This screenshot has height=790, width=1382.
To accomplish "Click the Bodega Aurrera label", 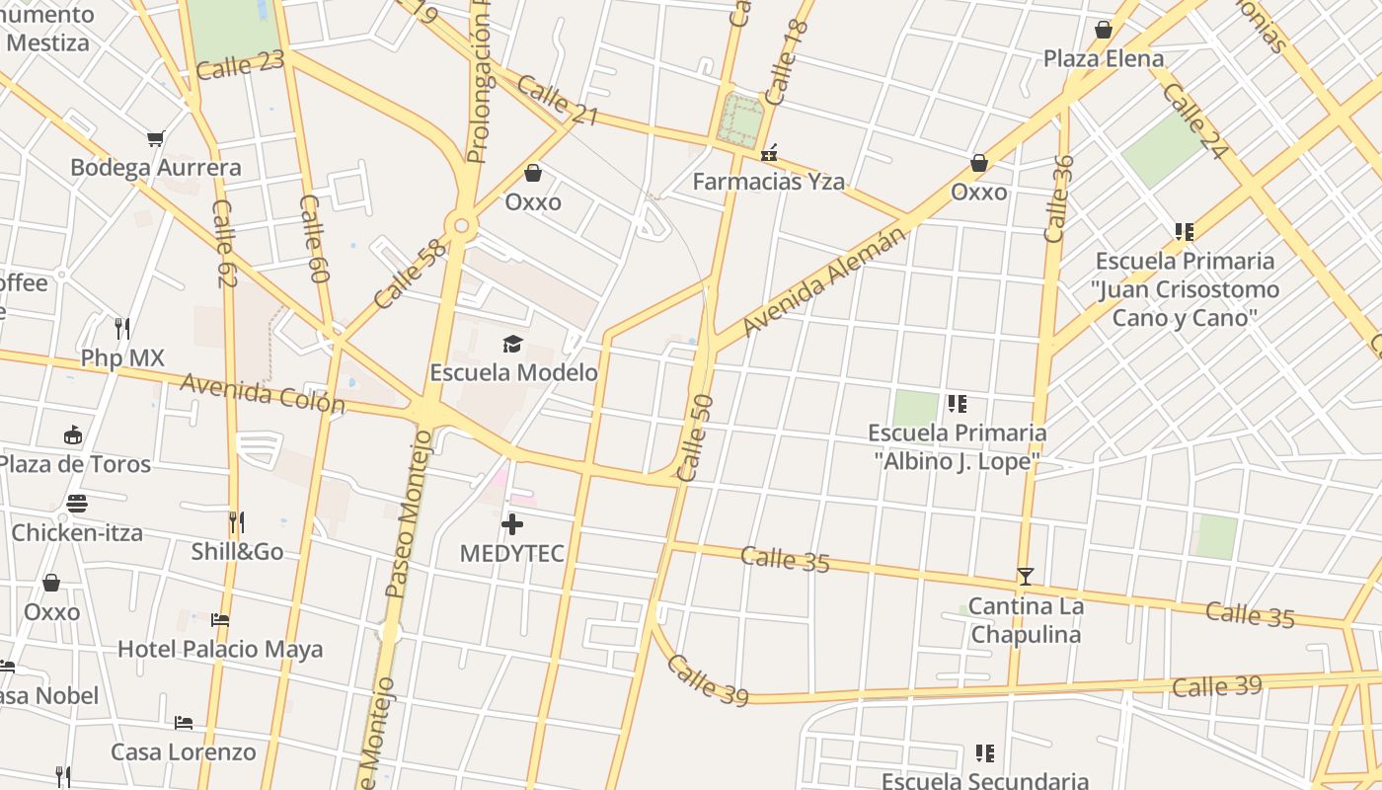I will [155, 168].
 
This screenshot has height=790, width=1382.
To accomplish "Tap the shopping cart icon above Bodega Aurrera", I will [155, 138].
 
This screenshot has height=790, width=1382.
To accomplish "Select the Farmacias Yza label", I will [768, 182].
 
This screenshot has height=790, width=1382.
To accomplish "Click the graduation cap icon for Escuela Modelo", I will [512, 344].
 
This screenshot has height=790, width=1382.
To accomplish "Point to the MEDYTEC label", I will [512, 553].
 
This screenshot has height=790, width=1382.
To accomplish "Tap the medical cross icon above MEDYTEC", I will [512, 524].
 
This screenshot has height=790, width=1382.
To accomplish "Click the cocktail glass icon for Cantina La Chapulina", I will [1026, 577].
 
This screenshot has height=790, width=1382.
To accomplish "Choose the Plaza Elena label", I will [1104, 59].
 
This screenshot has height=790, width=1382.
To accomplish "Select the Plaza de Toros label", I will [75, 464].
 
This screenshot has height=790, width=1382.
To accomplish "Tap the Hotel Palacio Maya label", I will [220, 649].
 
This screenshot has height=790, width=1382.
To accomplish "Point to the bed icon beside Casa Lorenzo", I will [184, 723].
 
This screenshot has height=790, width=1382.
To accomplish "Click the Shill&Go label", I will [237, 551].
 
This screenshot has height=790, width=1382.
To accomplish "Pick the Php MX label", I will [122, 357].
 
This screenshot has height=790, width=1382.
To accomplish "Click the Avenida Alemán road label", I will [821, 280].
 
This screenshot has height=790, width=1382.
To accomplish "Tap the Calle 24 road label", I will [1194, 120].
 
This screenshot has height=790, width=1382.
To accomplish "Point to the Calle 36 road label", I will [1057, 198].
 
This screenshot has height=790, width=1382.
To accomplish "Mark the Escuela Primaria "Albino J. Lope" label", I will [957, 447].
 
